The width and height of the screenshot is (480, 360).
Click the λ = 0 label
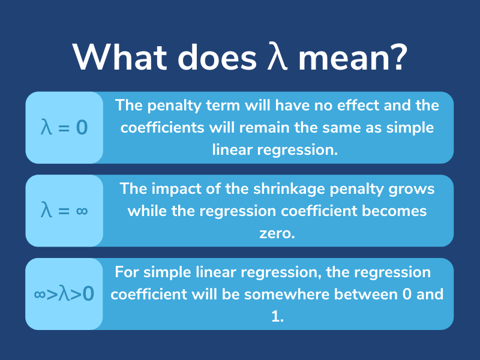[64, 128]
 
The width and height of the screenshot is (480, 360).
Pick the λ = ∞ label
[64, 211]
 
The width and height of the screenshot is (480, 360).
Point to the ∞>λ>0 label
[64, 295]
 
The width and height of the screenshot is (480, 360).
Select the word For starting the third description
[127, 272]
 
